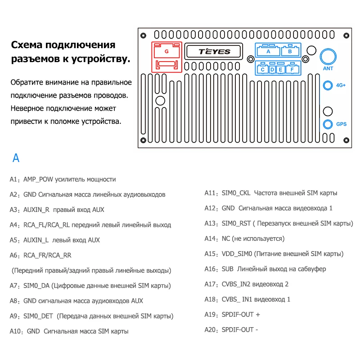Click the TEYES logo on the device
pyautogui.click(x=214, y=51)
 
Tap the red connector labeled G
pyautogui.click(x=166, y=51)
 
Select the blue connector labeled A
pyautogui.click(x=268, y=51)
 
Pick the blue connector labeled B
pyautogui.click(x=290, y=51)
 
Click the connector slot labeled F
pyautogui.click(x=292, y=70)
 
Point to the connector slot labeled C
pyautogui.click(x=262, y=70)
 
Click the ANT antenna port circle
pyautogui.click(x=328, y=57)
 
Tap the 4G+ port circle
pyautogui.click(x=328, y=85)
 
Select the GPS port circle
pyautogui.click(x=328, y=124)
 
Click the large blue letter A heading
pyautogui.click(x=16, y=158)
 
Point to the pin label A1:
pyautogui.click(x=15, y=180)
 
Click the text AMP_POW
pyautogui.click(x=38, y=180)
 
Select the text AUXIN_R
pyautogui.click(x=36, y=210)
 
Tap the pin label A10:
pyautogui.click(x=17, y=331)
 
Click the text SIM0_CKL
pyautogui.click(x=236, y=193)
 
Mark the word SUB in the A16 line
pyautogui.click(x=228, y=269)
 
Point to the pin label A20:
pyautogui.click(x=211, y=330)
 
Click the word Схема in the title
pyautogui.click(x=26, y=45)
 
